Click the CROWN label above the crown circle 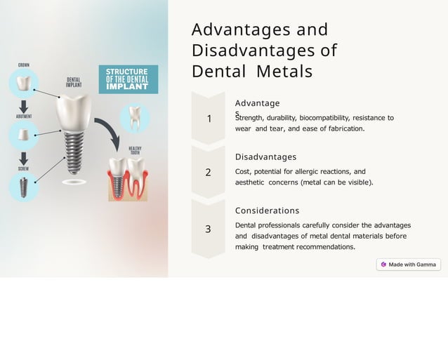(24, 65)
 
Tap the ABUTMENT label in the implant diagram (23, 116)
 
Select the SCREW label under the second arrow (23, 169)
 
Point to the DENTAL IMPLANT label (74, 82)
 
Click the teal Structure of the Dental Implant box (129, 79)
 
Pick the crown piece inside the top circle (24, 84)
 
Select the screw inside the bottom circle (23, 187)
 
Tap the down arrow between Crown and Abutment (24, 105)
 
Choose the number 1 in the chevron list (209, 119)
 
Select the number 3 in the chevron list (208, 229)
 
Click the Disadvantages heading (265, 157)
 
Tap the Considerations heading (267, 211)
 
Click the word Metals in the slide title (284, 72)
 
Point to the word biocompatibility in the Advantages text (324, 118)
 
